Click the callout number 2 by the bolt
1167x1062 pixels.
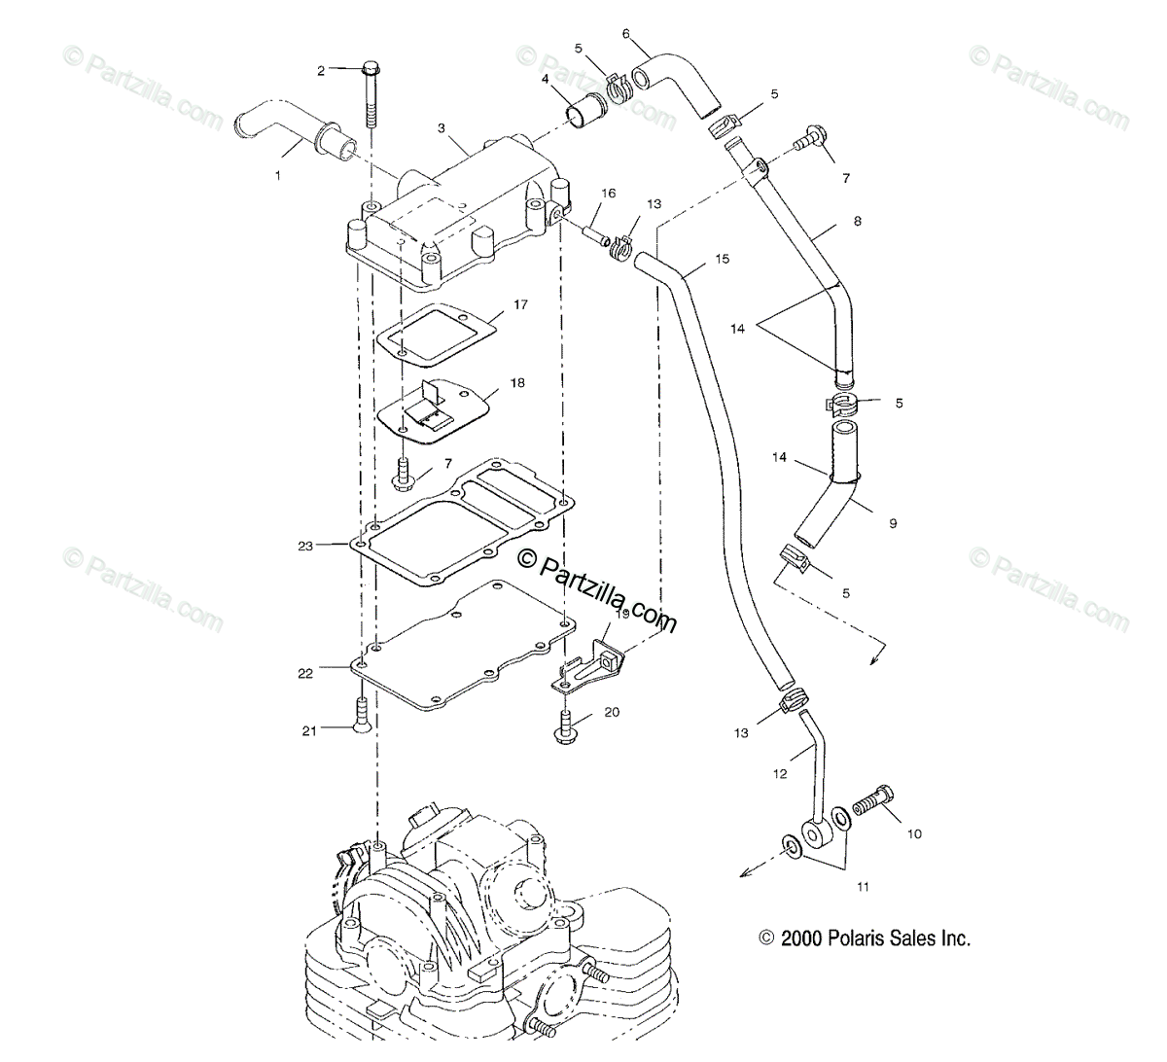(x=321, y=70)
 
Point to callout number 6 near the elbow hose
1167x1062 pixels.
(x=626, y=34)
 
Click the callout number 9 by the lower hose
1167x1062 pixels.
(x=893, y=523)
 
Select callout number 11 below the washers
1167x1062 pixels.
(x=836, y=886)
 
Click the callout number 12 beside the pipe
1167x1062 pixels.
(x=780, y=774)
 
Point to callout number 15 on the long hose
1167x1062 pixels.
(x=722, y=259)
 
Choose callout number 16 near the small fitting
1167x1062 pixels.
(x=608, y=194)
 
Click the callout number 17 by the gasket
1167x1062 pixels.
(x=520, y=305)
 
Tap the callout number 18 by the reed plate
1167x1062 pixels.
(x=516, y=383)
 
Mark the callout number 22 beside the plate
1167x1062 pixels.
(x=305, y=673)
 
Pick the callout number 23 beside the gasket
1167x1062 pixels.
(x=305, y=547)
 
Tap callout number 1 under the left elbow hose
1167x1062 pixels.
(x=278, y=176)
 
